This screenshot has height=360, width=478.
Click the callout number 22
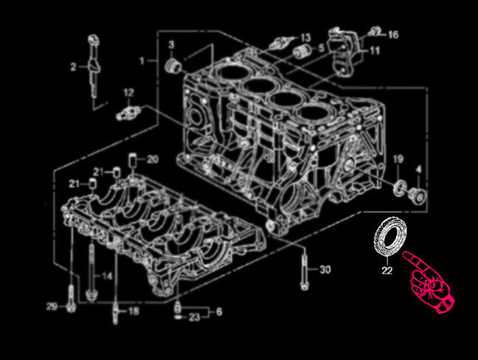(387, 270)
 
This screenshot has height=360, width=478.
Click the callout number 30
(325, 269)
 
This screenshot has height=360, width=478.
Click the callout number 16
(393, 35)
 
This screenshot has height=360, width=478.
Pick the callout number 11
(374, 51)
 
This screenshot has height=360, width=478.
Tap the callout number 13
(305, 38)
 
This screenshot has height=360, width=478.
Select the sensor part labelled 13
(280, 43)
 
